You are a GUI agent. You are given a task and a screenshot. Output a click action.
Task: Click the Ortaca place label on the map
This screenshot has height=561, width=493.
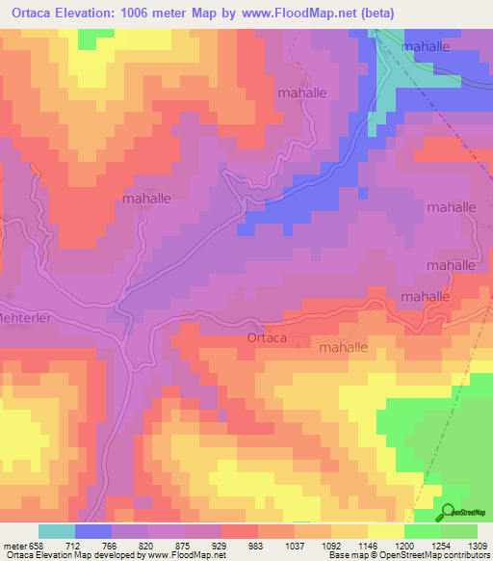point(266,338)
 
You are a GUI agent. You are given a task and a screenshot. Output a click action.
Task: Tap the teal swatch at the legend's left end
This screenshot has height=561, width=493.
point(57,531)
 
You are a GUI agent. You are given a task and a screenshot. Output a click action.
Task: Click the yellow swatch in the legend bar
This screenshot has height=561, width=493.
point(386,531)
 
